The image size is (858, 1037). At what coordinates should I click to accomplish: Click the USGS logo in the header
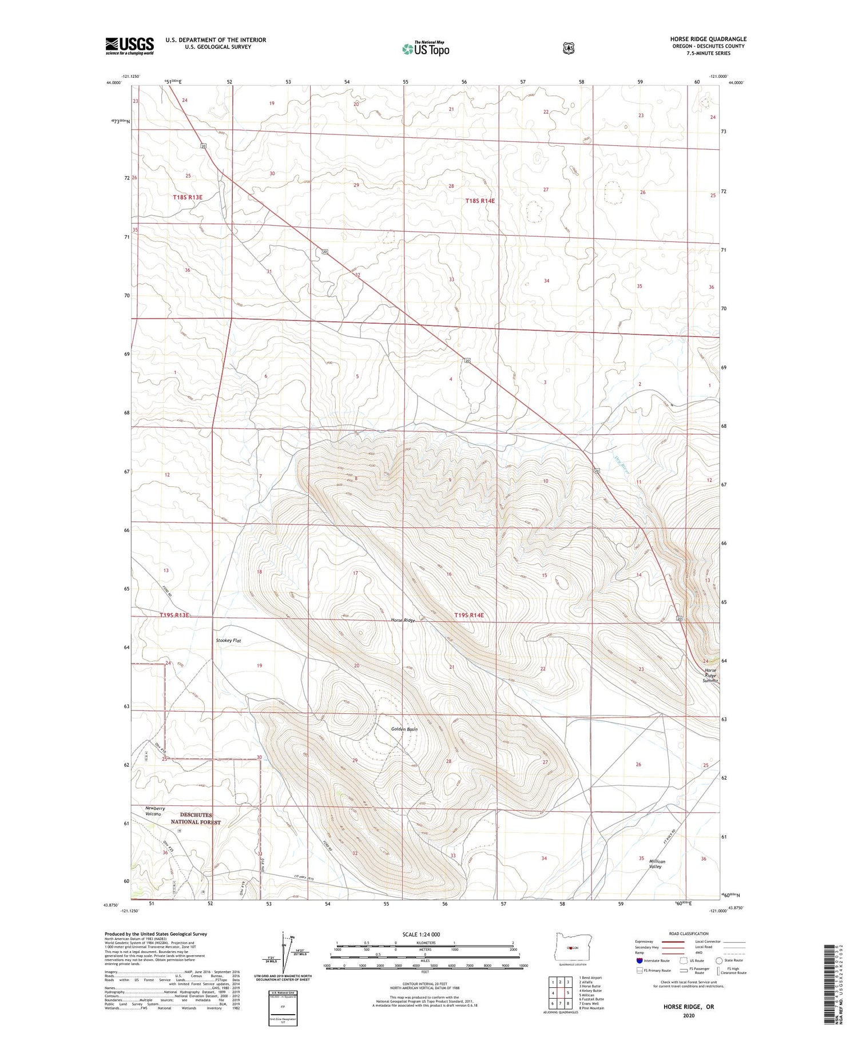click(x=129, y=46)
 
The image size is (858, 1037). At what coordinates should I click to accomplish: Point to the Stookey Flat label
click(x=228, y=641)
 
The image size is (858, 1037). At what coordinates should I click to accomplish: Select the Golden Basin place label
click(x=404, y=729)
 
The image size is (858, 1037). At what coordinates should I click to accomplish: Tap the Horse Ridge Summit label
click(x=710, y=676)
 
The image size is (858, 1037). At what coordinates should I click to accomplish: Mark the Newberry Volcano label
click(x=155, y=811)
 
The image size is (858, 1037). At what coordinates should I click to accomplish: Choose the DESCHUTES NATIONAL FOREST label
click(x=196, y=818)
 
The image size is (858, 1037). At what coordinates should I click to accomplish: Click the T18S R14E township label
click(x=480, y=201)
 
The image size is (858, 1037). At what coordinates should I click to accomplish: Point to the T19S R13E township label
click(x=174, y=615)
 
